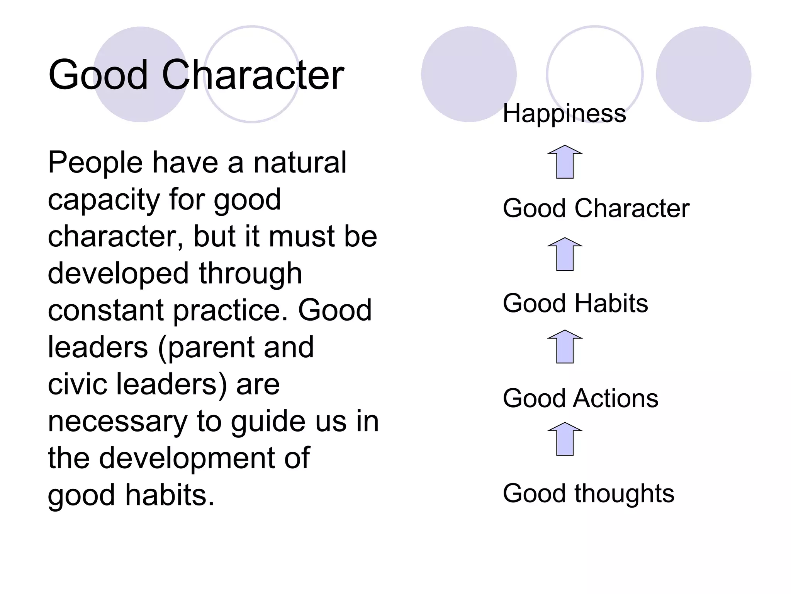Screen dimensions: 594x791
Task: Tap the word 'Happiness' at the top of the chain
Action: coord(564,114)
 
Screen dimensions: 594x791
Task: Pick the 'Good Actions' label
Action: coord(580,398)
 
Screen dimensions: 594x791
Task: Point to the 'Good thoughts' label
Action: coord(588,493)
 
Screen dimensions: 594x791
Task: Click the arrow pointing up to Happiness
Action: coord(565,162)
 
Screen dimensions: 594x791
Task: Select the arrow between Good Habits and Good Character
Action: coord(565,254)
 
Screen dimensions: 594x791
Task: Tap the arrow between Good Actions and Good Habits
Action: coord(565,347)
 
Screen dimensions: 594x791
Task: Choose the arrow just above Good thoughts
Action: coord(565,439)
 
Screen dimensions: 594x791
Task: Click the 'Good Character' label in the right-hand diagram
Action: coord(596,208)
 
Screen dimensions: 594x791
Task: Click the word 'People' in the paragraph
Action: coord(95,163)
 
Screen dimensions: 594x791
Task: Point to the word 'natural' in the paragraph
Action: coord(300,163)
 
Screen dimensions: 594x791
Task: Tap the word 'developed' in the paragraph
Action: coord(118,273)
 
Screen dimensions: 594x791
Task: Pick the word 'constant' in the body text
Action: coord(105,310)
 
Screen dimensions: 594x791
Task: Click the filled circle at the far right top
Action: coord(703,74)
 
